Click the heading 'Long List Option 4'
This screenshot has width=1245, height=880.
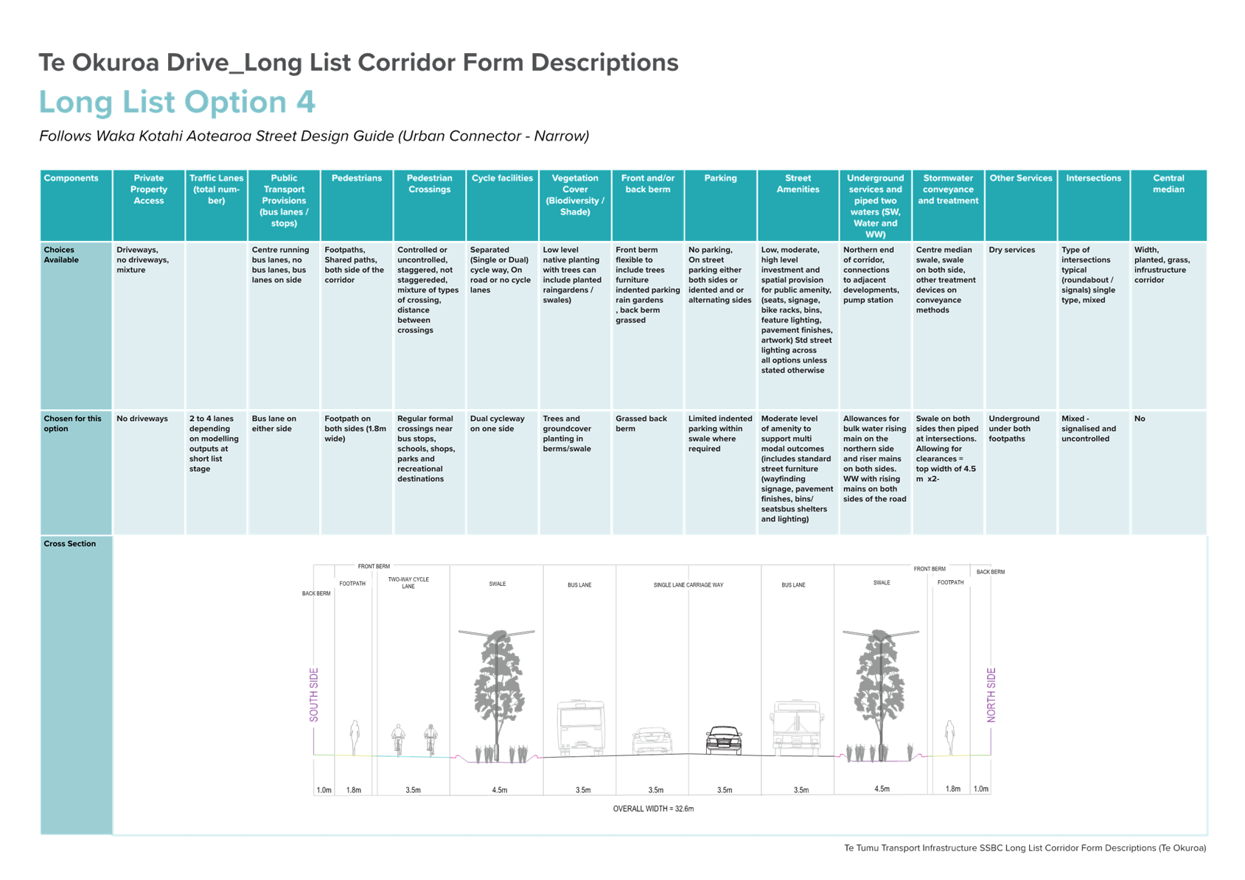pos(177,102)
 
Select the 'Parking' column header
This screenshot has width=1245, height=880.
pos(720,178)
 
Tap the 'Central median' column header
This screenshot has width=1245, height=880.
pos(1168,184)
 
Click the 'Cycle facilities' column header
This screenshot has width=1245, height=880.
pos(502,178)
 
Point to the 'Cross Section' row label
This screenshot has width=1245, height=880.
pos(69,544)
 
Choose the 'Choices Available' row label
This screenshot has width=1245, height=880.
pos(61,255)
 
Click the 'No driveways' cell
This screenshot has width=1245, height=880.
pos(142,419)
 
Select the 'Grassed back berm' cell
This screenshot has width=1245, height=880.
pos(641,424)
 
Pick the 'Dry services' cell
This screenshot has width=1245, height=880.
pos(1011,250)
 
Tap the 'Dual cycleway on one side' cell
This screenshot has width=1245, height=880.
pos(497,424)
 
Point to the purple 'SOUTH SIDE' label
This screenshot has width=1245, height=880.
pos(314,695)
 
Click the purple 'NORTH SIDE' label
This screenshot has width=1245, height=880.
pos(991,695)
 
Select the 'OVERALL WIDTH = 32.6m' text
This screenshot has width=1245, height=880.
pos(653,809)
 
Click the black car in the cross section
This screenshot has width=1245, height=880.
pos(724,740)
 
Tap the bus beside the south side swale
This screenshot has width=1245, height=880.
pos(581,727)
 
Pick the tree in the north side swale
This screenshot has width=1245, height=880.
pos(880,694)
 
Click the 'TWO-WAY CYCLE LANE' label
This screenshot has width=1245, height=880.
pos(408,583)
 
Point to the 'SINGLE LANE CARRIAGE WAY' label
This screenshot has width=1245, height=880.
pos(688,585)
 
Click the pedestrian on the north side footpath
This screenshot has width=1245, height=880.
pos(950,738)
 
